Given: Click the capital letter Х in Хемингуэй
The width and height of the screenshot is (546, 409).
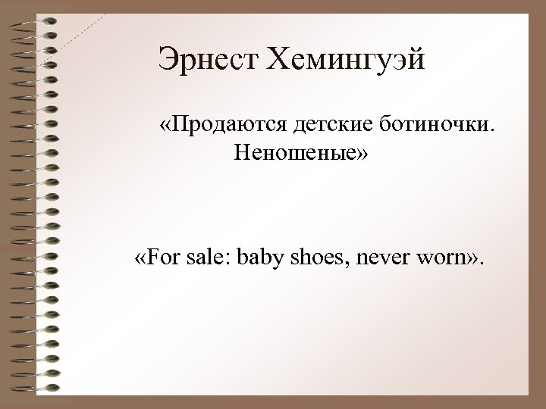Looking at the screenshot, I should (271, 58).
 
